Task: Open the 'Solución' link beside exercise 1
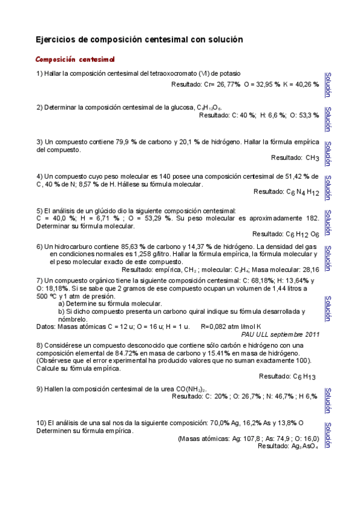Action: pos(328,85)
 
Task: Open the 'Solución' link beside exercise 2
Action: pos(328,119)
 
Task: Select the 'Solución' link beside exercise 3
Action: pos(328,153)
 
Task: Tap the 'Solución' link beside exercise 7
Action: pos(328,308)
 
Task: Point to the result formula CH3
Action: pos(312,158)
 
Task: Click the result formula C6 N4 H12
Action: pos(303,192)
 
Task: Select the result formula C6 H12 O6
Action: pos(302,234)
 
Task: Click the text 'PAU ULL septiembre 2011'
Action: pos(280,333)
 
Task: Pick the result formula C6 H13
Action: pos(304,376)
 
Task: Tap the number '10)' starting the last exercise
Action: pos(41,423)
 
